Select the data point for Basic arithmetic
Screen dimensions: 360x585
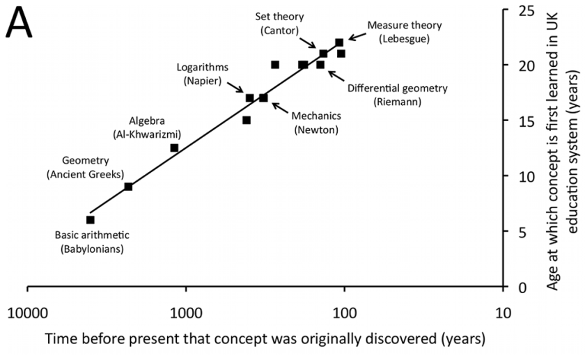click(90, 220)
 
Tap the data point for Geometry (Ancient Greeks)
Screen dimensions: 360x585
click(128, 187)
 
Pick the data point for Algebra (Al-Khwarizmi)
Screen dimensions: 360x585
click(174, 148)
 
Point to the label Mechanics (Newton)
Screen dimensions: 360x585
click(316, 123)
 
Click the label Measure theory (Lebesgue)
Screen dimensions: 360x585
click(405, 31)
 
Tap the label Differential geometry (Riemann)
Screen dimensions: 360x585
click(398, 95)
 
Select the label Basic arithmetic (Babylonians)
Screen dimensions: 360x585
click(92, 242)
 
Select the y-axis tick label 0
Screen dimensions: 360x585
click(524, 286)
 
